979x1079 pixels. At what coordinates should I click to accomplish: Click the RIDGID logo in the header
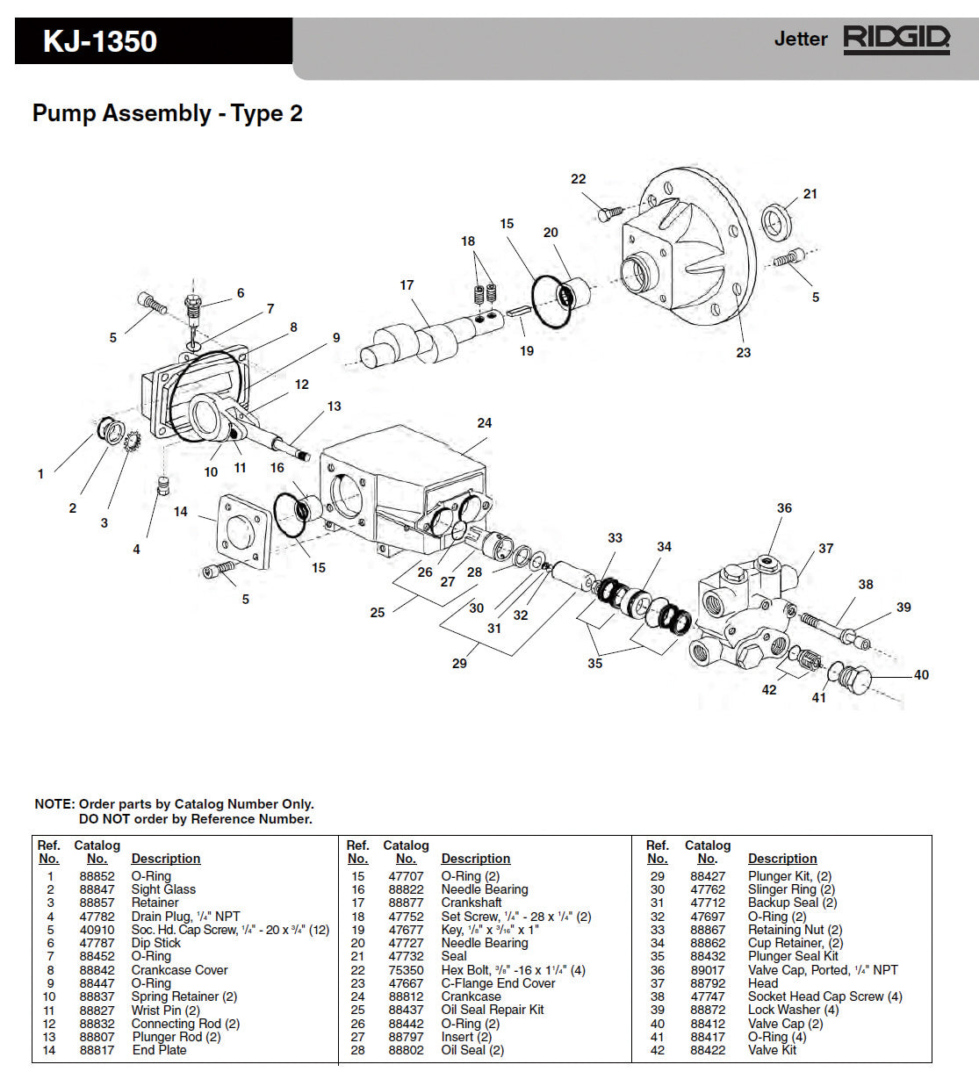(896, 40)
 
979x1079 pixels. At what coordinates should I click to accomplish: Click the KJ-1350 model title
(100, 41)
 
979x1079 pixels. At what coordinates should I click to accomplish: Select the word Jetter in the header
(800, 40)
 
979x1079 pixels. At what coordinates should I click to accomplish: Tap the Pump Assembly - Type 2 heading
(168, 113)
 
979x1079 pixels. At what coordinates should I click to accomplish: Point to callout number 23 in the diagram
(744, 352)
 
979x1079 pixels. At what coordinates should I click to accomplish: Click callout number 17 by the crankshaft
(407, 285)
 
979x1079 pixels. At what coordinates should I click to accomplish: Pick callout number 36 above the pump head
(784, 508)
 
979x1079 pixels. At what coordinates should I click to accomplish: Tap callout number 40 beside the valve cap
(921, 675)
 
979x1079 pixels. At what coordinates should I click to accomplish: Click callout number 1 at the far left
(40, 474)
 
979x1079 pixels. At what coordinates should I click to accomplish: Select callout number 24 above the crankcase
(485, 423)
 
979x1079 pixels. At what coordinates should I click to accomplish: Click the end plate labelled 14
(239, 531)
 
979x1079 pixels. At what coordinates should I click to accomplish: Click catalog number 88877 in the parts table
(406, 903)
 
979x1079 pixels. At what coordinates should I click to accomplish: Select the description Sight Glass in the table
(163, 889)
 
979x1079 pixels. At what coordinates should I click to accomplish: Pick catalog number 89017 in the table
(708, 970)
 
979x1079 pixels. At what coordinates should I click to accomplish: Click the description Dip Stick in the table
(156, 943)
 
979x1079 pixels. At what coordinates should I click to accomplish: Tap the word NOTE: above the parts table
(54, 804)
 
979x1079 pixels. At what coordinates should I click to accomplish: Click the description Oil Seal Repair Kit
(493, 1010)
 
